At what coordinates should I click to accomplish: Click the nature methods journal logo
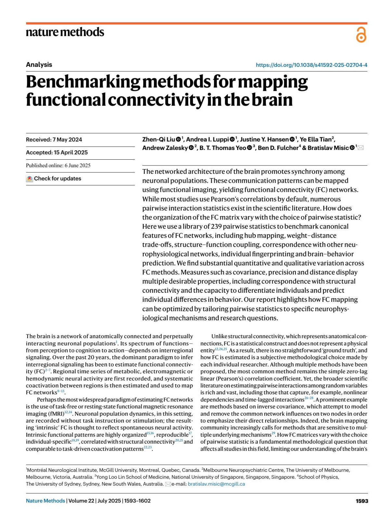[x=65, y=32]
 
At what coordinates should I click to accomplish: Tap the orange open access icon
[x=361, y=35]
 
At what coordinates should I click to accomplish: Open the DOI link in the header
[x=311, y=65]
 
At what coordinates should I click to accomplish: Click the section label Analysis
[x=39, y=65]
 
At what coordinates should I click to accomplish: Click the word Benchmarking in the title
[x=83, y=82]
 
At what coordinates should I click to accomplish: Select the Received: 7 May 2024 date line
[x=54, y=140]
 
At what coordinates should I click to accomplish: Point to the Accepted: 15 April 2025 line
[x=57, y=153]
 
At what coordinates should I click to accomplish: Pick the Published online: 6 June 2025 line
[x=58, y=166]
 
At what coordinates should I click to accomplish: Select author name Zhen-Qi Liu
[x=159, y=140]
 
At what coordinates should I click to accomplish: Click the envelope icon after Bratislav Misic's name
[x=360, y=148]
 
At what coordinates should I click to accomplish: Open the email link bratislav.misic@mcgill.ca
[x=216, y=484]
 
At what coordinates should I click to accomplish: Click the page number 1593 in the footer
[x=362, y=501]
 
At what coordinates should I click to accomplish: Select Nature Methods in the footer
[x=45, y=501]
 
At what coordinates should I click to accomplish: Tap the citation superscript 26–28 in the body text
[x=309, y=398]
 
